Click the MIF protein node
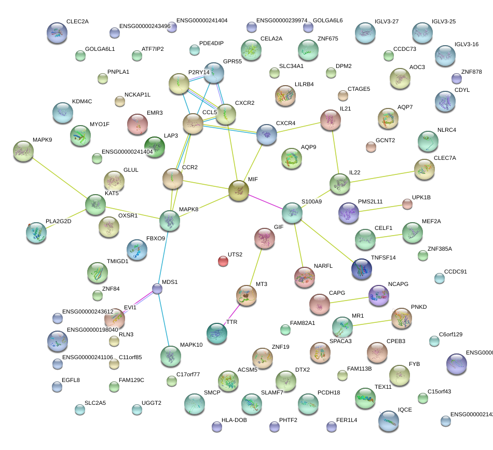pyautogui.click(x=239, y=190)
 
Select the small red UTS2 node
pyautogui.click(x=223, y=261)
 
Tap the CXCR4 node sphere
pyautogui.click(x=267, y=134)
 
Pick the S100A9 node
pyautogui.click(x=293, y=213)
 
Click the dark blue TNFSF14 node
pyautogui.click(x=362, y=268)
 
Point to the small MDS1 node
pyautogui.click(x=158, y=289)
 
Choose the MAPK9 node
pyautogui.click(x=23, y=151)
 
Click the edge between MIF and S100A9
pyautogui.click(x=266, y=202)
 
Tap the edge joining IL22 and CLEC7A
pyautogui.click(x=382, y=175)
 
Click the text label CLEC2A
pyautogui.click(x=77, y=22)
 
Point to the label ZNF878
pyautogui.click(x=471, y=72)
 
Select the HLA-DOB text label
pyautogui.click(x=234, y=420)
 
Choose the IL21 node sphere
pyautogui.click(x=331, y=120)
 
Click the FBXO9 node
pyautogui.click(x=137, y=250)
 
